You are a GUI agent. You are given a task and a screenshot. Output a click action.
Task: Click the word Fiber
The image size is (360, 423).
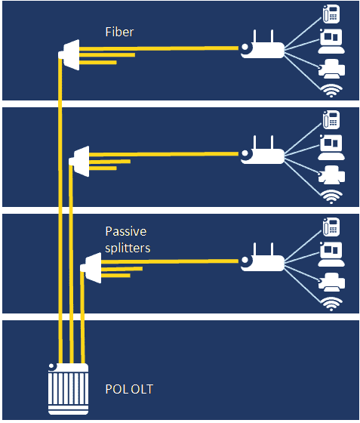point(119,32)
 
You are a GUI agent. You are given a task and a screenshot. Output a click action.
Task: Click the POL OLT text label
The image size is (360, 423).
point(129,389)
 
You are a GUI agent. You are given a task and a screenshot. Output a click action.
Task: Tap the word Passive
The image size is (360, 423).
point(126,231)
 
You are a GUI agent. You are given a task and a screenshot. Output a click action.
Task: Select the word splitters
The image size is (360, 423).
point(128,249)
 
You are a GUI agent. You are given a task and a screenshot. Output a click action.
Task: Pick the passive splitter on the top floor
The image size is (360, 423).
point(69,54)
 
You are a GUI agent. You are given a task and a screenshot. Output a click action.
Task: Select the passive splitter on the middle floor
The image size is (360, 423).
point(79,162)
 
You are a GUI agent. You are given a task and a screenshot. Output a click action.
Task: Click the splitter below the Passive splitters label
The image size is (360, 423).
point(91,268)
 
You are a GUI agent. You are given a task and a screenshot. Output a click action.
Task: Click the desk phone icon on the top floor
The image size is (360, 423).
point(331,14)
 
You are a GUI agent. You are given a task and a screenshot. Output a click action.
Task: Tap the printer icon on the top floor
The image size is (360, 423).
point(331,69)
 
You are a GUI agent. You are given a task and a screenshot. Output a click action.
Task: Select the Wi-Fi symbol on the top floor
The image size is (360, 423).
point(331,91)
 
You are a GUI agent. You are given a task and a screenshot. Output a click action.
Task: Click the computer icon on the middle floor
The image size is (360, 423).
point(331,147)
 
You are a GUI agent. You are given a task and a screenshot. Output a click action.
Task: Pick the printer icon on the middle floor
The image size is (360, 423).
point(331,174)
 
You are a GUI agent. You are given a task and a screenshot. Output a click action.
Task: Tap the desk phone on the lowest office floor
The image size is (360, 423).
point(331,227)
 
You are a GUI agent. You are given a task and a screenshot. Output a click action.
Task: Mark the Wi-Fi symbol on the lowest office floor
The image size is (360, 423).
point(331,304)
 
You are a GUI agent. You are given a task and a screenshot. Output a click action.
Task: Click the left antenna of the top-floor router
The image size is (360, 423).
point(254,37)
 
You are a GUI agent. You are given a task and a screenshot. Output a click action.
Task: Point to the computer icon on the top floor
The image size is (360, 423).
point(331,42)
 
